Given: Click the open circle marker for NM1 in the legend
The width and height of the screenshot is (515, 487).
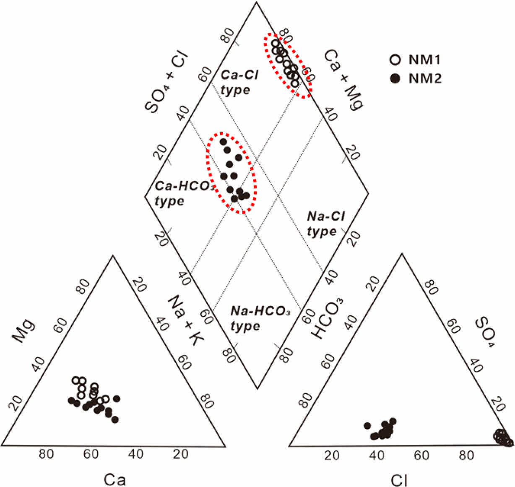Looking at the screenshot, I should click(x=395, y=60).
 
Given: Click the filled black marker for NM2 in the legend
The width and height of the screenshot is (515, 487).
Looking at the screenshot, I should click(x=395, y=78).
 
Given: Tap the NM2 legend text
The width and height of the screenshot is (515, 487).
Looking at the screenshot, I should click(x=425, y=78).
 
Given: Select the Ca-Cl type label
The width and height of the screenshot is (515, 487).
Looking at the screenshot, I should click(x=239, y=82).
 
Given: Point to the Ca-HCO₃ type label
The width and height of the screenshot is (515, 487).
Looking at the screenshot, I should click(x=183, y=193).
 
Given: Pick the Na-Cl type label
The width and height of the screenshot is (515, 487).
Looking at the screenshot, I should click(x=325, y=224).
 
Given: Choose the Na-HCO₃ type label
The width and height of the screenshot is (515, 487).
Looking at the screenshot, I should click(x=260, y=318).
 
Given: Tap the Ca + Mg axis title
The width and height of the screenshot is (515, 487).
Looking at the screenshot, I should click(x=343, y=79).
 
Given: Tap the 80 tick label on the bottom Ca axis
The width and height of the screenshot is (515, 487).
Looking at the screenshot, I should click(x=46, y=454).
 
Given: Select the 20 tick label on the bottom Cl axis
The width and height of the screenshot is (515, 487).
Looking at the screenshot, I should click(x=332, y=455).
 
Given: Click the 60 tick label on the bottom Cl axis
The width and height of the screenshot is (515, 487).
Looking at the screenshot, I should click(x=421, y=455).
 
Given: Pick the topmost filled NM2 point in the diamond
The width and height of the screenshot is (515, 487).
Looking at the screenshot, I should click(x=223, y=142).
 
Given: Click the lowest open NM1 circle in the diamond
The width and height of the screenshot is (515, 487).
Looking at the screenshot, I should click(x=295, y=83).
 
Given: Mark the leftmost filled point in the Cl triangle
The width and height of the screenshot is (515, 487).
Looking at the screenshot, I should click(x=367, y=426).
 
